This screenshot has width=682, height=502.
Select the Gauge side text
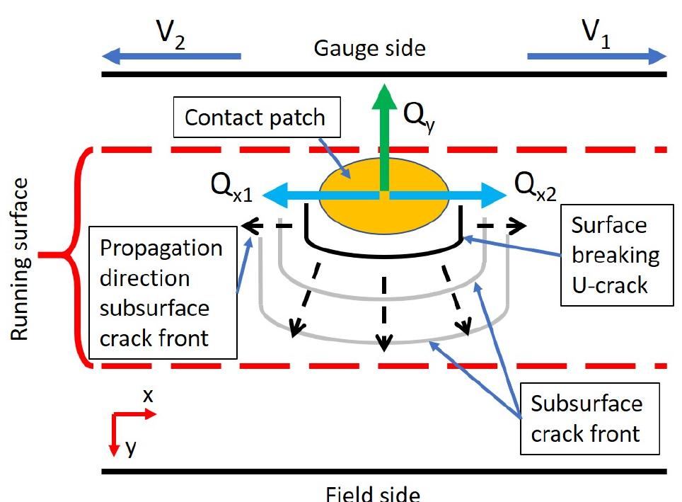pyautogui.click(x=369, y=48)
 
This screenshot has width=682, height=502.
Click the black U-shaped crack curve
pyautogui.click(x=383, y=253)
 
